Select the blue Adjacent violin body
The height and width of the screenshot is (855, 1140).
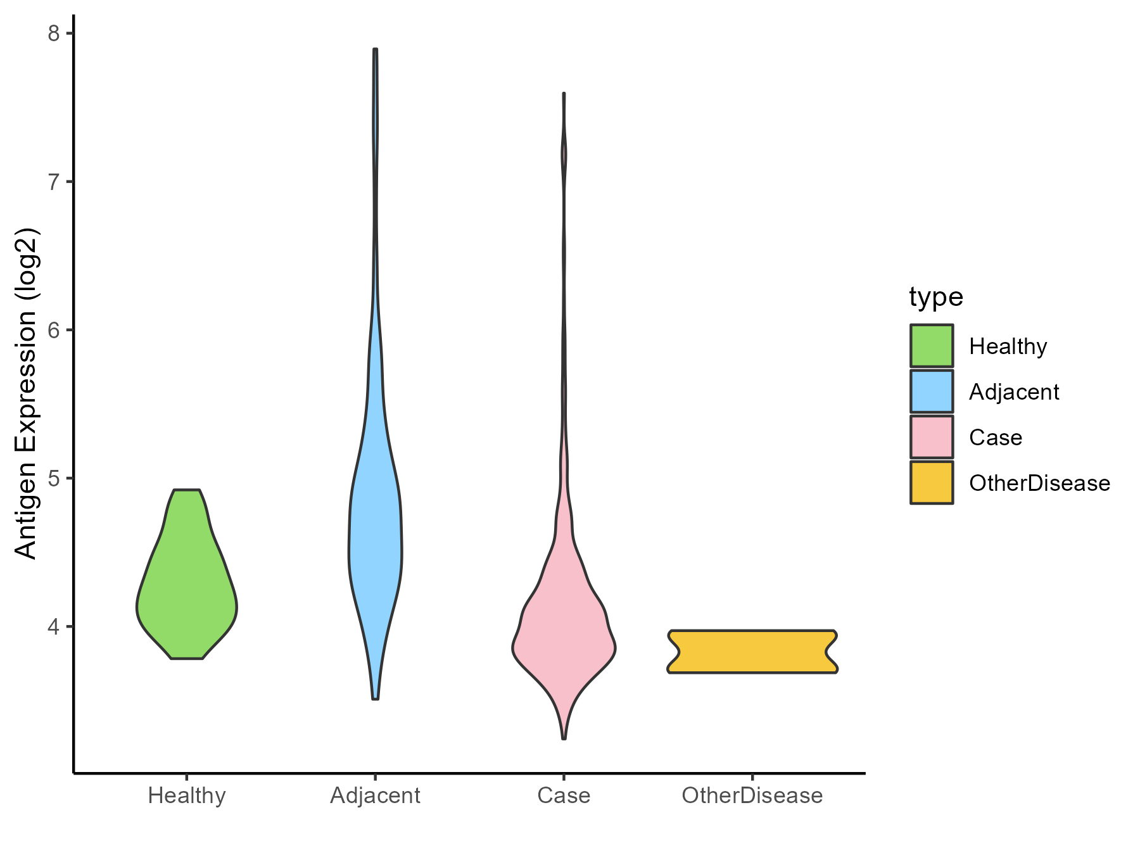point(375,538)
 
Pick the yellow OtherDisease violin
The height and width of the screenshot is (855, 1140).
point(752,651)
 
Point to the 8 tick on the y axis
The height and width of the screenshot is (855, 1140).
point(53,34)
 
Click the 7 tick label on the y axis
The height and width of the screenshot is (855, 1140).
point(53,182)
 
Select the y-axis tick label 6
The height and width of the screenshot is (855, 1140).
point(53,330)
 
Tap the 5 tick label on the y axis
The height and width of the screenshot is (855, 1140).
point(53,478)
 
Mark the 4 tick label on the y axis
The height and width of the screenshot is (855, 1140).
point(53,626)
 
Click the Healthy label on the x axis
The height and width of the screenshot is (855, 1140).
point(187,795)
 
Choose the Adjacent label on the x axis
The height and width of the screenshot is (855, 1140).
point(375,795)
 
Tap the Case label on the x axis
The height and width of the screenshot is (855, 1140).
point(564,795)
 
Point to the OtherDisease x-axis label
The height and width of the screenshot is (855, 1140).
point(752,795)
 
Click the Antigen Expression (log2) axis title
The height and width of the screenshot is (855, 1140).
point(27,393)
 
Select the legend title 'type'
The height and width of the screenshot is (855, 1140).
point(936,296)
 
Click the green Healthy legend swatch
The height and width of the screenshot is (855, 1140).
point(932,346)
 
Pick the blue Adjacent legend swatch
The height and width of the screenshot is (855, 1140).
point(932,391)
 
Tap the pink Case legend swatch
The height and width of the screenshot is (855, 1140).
point(932,437)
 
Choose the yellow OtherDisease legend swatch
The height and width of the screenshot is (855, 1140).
point(932,483)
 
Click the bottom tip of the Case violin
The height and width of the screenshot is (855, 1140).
point(564,738)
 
